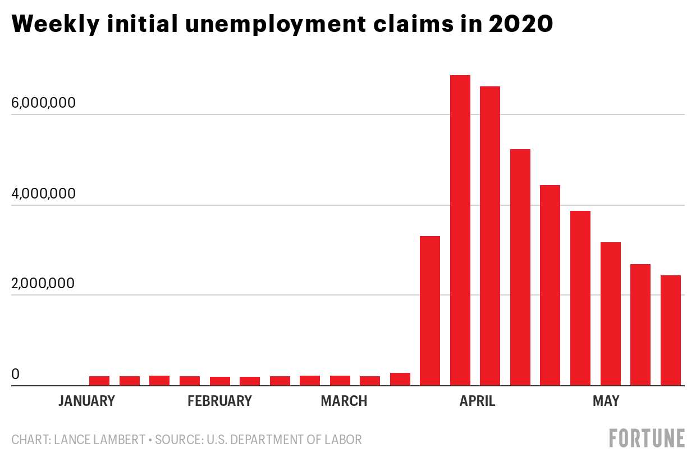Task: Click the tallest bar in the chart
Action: tap(460, 230)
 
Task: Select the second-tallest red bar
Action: tap(490, 235)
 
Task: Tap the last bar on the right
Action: tap(671, 330)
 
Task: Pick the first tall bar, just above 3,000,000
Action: tap(430, 311)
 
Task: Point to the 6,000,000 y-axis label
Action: tap(50, 104)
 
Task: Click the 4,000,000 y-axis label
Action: tap(50, 194)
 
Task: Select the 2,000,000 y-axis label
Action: tap(50, 284)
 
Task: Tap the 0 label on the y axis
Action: tap(16, 374)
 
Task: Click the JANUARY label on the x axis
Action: tap(87, 401)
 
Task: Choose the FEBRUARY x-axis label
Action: tap(219, 401)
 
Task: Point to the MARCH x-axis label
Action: tap(344, 401)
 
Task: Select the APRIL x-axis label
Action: tap(477, 401)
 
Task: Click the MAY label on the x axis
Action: tap(606, 401)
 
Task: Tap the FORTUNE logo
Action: tap(647, 438)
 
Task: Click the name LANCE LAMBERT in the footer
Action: tap(100, 440)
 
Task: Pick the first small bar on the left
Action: tap(99, 381)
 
